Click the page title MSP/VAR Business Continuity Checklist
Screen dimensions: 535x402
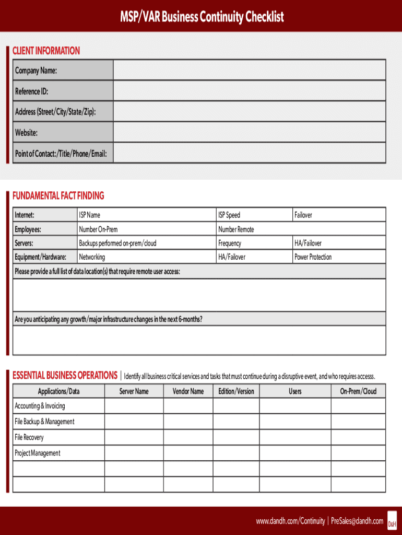201,17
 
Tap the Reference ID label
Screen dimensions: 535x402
31,91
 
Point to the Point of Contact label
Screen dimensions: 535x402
61,154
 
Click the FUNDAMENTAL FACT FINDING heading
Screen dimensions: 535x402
58,196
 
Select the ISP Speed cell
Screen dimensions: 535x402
229,215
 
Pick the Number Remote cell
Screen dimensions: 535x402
236,229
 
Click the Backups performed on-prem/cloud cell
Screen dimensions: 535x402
117,243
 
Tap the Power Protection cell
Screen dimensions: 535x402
313,257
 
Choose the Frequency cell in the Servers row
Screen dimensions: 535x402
230,243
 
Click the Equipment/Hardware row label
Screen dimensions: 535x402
40,257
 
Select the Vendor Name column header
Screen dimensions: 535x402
188,391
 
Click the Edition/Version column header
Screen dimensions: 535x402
236,391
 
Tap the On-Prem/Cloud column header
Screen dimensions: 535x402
358,391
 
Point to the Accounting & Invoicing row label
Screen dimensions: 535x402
40,406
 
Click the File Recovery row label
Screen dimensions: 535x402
29,437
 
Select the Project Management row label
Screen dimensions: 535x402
37,453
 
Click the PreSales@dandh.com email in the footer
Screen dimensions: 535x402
357,521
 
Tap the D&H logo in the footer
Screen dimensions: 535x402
392,522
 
